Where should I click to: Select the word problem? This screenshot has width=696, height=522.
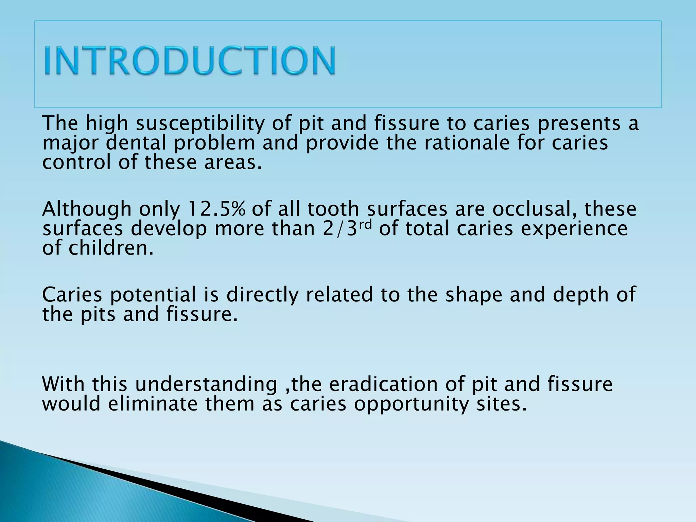click(214, 143)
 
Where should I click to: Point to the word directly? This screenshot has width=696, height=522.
click(262, 295)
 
